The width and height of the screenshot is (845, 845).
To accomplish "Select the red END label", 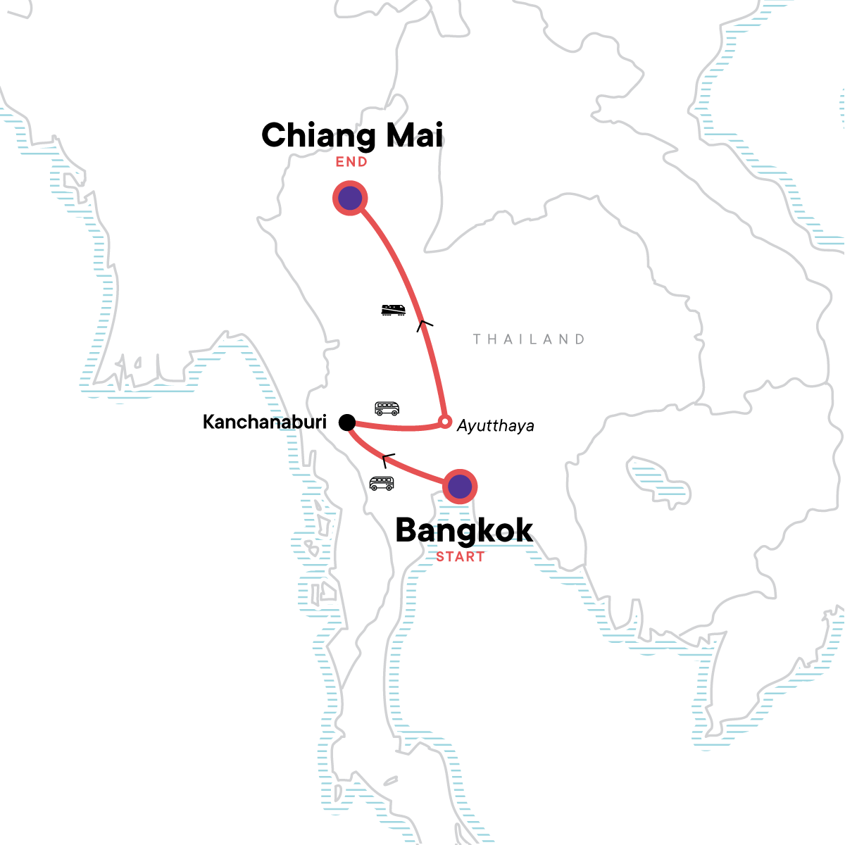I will pyautogui.click(x=351, y=162).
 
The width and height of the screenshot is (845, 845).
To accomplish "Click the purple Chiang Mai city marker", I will pyautogui.click(x=350, y=199).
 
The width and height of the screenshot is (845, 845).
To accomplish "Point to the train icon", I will pyautogui.click(x=393, y=310).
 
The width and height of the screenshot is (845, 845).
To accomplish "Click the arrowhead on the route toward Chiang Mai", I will pyautogui.click(x=424, y=324).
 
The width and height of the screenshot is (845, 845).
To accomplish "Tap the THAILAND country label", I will pyautogui.click(x=529, y=339).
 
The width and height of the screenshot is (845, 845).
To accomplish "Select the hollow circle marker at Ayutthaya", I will pyautogui.click(x=444, y=422).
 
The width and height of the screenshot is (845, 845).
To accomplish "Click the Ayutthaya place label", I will pyautogui.click(x=496, y=426).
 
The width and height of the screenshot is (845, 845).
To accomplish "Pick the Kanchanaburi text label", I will pyautogui.click(x=265, y=422).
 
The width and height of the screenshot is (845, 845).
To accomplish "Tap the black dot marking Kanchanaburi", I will pyautogui.click(x=346, y=422).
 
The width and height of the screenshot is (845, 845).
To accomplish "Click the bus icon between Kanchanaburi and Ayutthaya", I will pyautogui.click(x=387, y=408).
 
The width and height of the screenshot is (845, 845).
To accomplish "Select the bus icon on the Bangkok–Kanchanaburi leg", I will pyautogui.click(x=382, y=483).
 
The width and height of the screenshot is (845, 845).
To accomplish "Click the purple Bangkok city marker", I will pyautogui.click(x=460, y=486).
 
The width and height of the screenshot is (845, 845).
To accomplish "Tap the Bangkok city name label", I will pyautogui.click(x=464, y=530).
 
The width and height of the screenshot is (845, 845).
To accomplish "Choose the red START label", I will pyautogui.click(x=460, y=556).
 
